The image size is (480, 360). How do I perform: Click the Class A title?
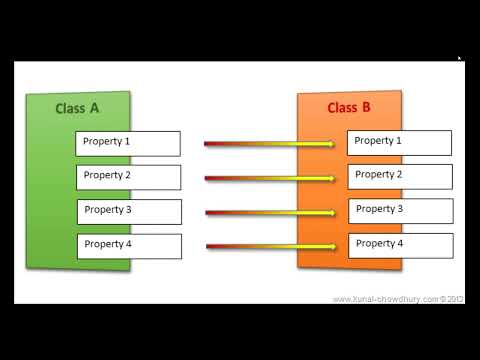[77, 107]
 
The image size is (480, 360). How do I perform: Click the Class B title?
[349, 107]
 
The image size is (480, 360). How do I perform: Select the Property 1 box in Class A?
[128, 142]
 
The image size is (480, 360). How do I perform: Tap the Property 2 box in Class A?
[128, 177]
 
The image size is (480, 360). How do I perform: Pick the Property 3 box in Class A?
[128, 211]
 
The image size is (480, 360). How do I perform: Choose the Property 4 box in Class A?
[128, 245]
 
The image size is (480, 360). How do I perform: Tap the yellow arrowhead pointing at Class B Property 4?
[330, 246]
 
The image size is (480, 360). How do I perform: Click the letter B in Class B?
[366, 107]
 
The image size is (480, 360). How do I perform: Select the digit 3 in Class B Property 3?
[399, 209]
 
